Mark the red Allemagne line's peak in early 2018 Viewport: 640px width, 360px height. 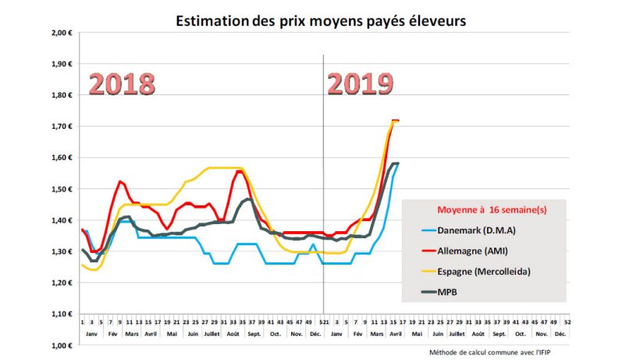[120, 182]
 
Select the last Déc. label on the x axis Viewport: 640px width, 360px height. [560, 333]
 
